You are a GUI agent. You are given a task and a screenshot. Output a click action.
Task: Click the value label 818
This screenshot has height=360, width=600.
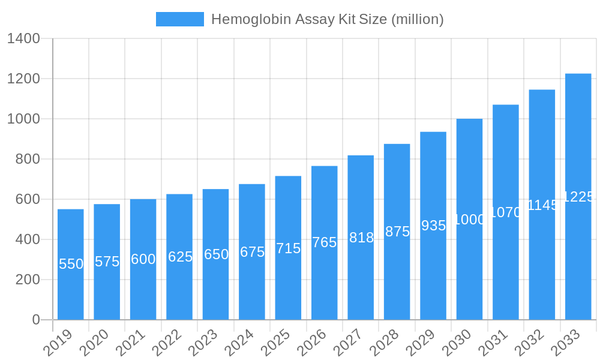tap(361, 238)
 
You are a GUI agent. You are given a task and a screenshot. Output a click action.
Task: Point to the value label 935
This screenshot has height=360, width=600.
tap(433, 226)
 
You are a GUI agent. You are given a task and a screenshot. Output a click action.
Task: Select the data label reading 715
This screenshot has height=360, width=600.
tap(288, 248)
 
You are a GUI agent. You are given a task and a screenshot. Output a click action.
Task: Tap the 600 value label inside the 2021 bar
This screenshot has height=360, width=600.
tap(143, 259)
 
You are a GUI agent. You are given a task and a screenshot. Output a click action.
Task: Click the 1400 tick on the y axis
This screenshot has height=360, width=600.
tap(23, 39)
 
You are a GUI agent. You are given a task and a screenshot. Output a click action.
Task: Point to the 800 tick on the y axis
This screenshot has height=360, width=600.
tap(28, 159)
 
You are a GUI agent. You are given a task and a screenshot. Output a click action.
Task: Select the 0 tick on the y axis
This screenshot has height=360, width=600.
tap(36, 320)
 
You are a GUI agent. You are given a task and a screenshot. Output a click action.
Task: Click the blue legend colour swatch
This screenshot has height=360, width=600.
tap(179, 19)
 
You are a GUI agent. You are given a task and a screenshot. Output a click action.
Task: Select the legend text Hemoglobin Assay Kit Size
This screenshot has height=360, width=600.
tap(327, 19)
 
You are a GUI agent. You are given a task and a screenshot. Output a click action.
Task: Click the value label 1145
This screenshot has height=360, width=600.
tap(542, 205)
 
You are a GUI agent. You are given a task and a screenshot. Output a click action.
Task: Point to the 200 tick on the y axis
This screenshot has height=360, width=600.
tap(28, 280)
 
